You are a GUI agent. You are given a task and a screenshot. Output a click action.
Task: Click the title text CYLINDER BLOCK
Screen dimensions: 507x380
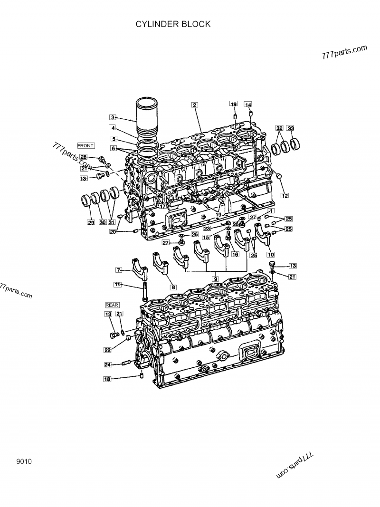click(173, 24)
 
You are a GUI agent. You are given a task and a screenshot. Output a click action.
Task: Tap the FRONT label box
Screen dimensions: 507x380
click(85, 145)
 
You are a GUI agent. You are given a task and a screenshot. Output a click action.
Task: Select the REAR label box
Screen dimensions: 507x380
click(112, 305)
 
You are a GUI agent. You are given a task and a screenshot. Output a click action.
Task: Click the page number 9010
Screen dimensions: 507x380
click(23, 461)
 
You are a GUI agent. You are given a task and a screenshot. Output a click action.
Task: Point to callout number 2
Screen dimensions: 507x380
click(194, 105)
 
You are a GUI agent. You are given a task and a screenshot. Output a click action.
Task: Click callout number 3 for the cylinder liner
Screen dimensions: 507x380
click(112, 117)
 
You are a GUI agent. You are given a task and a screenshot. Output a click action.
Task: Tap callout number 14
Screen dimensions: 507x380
click(248, 105)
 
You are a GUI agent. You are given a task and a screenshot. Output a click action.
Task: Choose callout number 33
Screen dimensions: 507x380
click(291, 128)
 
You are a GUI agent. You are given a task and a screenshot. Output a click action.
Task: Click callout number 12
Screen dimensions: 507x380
click(285, 195)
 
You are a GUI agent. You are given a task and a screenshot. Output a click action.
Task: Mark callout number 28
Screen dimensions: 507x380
click(83, 157)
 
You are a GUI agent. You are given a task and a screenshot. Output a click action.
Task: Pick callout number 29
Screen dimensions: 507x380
click(91, 222)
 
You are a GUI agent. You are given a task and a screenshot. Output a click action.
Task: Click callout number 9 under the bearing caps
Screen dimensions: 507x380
click(215, 278)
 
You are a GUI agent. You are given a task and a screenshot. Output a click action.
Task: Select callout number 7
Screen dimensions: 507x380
click(119, 270)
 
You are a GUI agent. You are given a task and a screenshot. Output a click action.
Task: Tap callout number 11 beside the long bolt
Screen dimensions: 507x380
click(117, 285)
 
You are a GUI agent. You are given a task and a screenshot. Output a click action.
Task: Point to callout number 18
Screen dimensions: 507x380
click(107, 379)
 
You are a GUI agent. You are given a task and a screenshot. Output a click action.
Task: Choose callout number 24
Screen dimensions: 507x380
click(108, 364)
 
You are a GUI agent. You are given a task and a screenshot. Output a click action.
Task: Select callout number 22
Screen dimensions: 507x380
click(108, 350)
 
